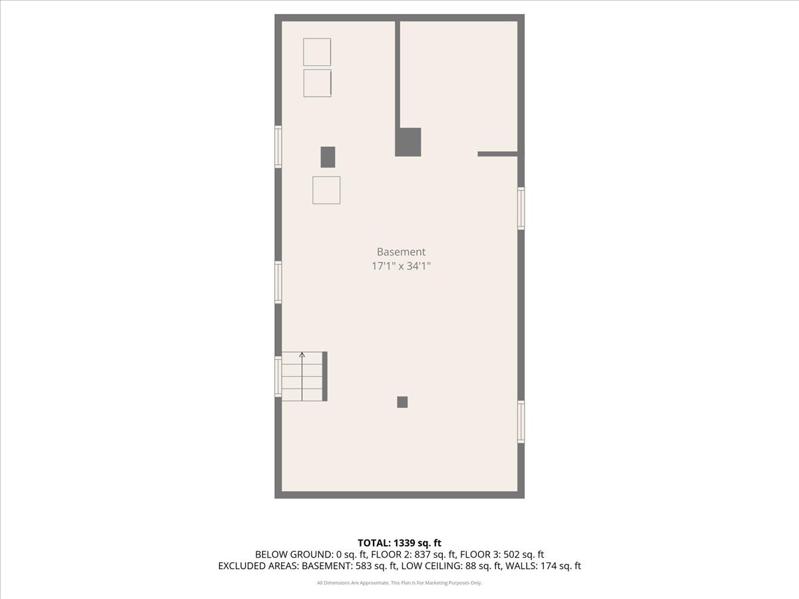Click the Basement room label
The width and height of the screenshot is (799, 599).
tap(401, 252)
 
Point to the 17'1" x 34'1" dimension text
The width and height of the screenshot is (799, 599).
tap(401, 266)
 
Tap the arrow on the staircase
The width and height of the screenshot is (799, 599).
tap(302, 355)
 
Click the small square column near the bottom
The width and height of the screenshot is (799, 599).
tap(402, 402)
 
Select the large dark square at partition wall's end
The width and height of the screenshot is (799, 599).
tap(408, 142)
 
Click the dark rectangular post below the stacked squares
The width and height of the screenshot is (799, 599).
tap(328, 157)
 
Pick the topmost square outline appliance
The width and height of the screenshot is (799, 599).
tap(317, 52)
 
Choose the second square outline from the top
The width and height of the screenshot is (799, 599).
tap(317, 83)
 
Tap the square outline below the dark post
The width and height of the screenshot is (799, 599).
tap(326, 190)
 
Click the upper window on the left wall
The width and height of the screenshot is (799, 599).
tap(278, 146)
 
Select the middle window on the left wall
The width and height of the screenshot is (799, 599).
tap(278, 282)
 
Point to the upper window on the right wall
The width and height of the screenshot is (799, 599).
tap(521, 208)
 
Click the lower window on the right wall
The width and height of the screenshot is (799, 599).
tap(521, 421)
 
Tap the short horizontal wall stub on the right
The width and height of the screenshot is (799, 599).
tap(497, 154)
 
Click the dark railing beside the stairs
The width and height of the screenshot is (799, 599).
tap(325, 377)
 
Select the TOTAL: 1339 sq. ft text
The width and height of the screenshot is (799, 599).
tap(400, 542)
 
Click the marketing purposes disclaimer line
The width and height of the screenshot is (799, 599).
tap(400, 583)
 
